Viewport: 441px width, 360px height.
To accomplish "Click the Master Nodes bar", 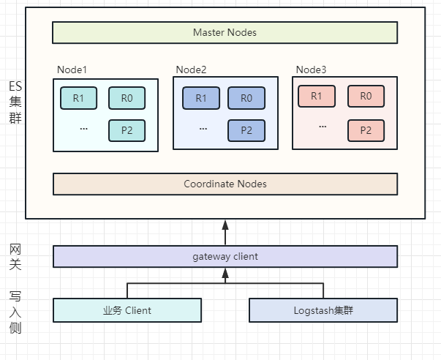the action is [225, 32].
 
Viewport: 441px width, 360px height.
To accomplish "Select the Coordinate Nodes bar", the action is [225, 184].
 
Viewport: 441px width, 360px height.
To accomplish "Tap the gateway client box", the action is [225, 256].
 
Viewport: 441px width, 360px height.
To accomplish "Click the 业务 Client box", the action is [127, 310].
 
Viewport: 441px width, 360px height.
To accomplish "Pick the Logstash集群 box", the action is [323, 310].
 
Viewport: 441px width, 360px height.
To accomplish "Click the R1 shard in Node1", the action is [79, 98].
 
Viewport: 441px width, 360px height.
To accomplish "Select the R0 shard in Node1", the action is [127, 98].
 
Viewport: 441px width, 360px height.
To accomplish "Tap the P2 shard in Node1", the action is [127, 130].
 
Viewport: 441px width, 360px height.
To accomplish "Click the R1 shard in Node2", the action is [201, 98].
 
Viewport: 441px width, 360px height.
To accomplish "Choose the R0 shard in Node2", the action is [246, 98].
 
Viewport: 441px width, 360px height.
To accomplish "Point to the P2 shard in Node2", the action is [246, 130].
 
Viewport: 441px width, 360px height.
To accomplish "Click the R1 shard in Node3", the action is [317, 96].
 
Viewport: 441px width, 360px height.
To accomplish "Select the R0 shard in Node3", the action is [366, 96].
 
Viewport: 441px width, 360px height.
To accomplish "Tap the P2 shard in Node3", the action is [366, 130].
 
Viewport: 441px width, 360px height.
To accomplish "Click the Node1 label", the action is [72, 70].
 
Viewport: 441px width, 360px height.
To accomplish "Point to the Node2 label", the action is [192, 70].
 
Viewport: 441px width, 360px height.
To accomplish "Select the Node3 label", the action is [311, 70].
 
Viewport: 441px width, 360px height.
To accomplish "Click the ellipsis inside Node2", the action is [203, 129].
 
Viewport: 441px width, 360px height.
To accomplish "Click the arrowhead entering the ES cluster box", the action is [225, 225].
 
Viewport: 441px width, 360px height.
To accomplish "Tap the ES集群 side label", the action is [15, 102].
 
